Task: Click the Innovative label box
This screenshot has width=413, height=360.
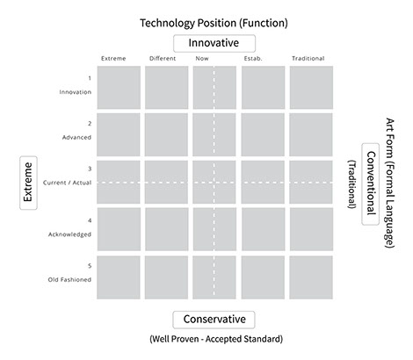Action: coord(214,43)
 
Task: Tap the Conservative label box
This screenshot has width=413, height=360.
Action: coord(214,320)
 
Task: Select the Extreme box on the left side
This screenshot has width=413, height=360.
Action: coord(28,183)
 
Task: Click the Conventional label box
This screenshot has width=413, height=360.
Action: coord(371,184)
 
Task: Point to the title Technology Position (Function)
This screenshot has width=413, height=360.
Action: coord(214,23)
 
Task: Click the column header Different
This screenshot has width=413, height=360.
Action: coord(163,58)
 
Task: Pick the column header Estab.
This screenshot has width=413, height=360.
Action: coord(253,58)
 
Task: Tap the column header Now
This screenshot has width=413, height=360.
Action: coord(202,58)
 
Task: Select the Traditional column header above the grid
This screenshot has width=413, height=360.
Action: coord(308,58)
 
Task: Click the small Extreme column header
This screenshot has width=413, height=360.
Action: coord(113,58)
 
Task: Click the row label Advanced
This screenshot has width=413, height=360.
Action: coord(76,137)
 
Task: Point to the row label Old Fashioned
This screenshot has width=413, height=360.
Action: coord(69,279)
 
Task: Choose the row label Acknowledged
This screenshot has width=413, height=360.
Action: coord(69,234)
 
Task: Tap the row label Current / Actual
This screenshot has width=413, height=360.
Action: coord(68,183)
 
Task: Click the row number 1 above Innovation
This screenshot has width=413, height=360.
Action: coord(90,78)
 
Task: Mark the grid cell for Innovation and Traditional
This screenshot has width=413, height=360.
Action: coord(311,88)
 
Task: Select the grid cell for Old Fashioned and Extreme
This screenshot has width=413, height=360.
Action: coord(119,277)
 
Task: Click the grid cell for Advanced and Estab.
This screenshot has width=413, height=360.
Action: coord(263,134)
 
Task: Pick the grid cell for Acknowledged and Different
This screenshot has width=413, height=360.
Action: coord(166,229)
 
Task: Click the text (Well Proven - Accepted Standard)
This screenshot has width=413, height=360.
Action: coord(216,339)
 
